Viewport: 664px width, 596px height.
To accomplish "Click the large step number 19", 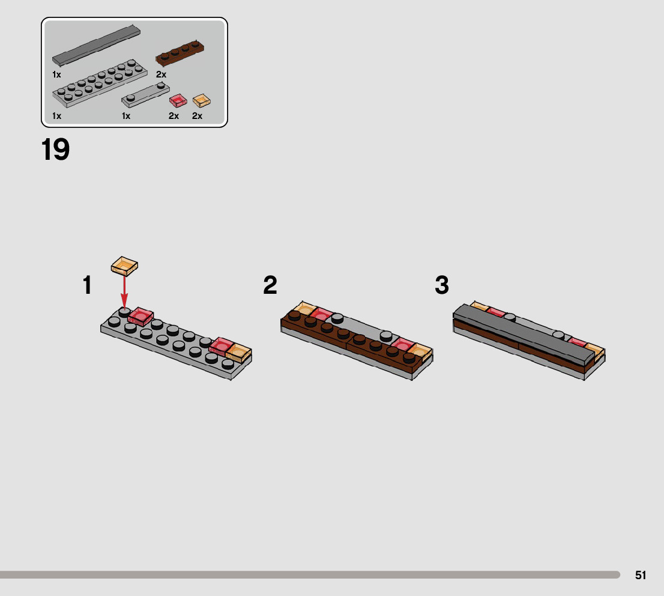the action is point(55,150).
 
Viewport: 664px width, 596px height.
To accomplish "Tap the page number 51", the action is point(640,575).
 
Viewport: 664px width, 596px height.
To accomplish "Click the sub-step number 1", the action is point(87,285).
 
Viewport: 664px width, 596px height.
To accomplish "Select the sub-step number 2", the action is point(270,285).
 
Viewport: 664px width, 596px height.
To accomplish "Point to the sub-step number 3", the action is point(442,285).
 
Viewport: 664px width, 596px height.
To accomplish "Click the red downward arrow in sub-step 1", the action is point(124,291).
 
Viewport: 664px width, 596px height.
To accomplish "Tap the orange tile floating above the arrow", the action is point(124,266).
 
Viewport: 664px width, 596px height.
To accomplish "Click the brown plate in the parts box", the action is point(180,53).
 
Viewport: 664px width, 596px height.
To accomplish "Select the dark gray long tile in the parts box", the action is point(96,46).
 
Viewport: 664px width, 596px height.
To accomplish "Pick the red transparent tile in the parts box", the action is point(178,100).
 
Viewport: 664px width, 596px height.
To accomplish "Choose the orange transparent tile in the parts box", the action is point(202,100).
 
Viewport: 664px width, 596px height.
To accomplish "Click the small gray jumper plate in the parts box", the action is point(146,95).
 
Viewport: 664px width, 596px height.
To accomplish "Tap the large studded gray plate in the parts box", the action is point(100,83).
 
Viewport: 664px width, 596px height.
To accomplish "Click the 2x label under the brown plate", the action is point(161,74).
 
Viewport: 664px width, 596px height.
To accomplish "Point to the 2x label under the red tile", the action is point(174,116).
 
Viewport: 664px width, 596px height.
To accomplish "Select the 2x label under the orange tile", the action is point(198,116).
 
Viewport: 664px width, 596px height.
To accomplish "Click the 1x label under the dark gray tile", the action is point(57,74).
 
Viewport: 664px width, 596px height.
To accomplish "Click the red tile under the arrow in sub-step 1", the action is point(140,317).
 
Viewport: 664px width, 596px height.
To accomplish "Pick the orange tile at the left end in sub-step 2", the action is point(304,309).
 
